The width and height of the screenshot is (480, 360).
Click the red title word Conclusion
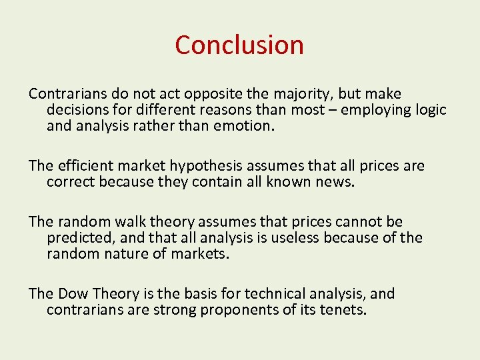click(239, 45)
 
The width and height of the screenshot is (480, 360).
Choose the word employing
click(374, 110)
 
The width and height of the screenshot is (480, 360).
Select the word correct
click(71, 182)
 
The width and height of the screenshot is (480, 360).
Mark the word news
click(335, 182)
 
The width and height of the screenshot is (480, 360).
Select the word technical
click(273, 294)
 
